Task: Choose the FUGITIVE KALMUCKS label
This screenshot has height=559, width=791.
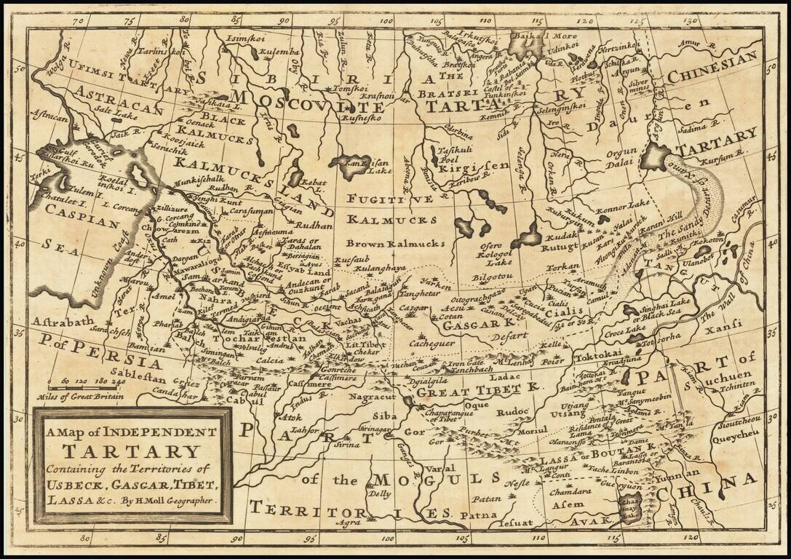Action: pyautogui.click(x=391, y=209)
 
